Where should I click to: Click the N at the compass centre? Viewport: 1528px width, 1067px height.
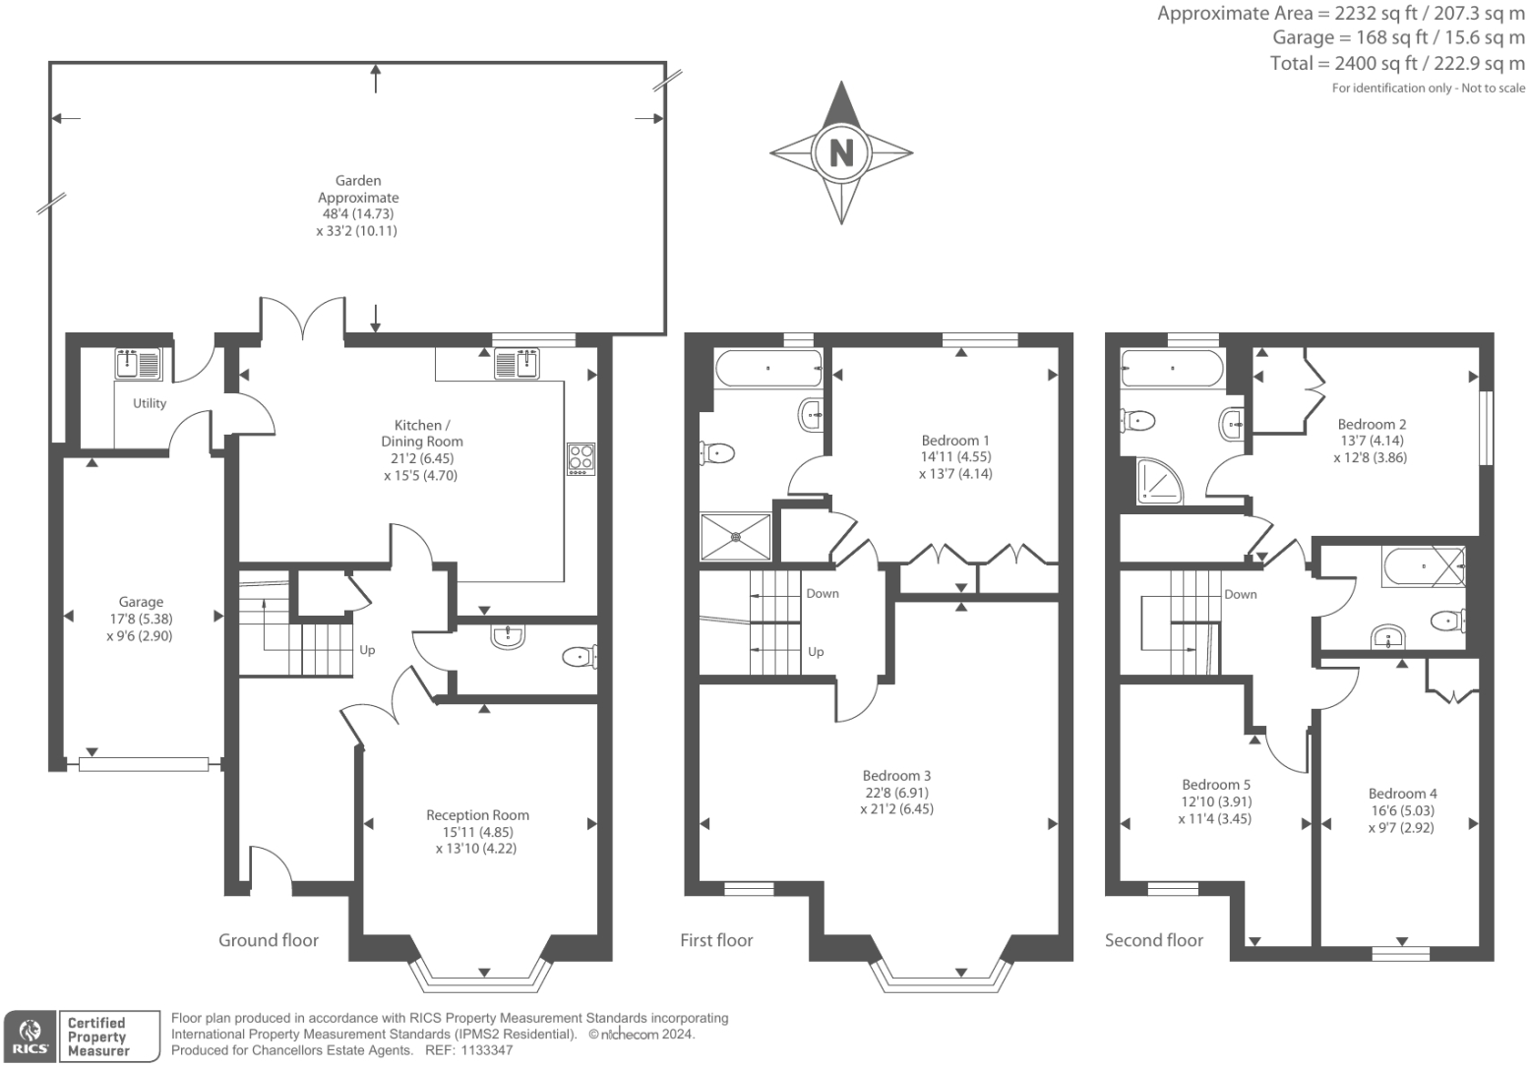pos(841,152)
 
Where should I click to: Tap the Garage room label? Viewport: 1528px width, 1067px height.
pos(141,602)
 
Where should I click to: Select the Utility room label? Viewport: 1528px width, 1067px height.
pos(150,403)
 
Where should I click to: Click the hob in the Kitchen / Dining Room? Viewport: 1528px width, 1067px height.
pos(581,459)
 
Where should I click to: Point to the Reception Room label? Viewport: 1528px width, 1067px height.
pos(477,814)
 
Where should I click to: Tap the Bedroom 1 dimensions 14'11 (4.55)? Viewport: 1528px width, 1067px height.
pos(955,456)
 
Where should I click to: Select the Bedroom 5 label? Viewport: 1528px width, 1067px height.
pos(1216,784)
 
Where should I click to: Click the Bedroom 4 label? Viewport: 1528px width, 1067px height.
pos(1402,794)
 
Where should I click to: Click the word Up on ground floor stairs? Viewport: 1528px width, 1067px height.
pos(367,650)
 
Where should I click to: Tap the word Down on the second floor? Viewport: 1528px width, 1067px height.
pos(1240,594)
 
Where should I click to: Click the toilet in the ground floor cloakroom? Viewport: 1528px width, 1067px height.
pos(580,656)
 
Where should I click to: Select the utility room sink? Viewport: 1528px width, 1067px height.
pos(138,364)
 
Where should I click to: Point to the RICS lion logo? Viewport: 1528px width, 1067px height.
pos(31,1037)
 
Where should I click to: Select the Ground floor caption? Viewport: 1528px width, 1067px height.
pos(269,940)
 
